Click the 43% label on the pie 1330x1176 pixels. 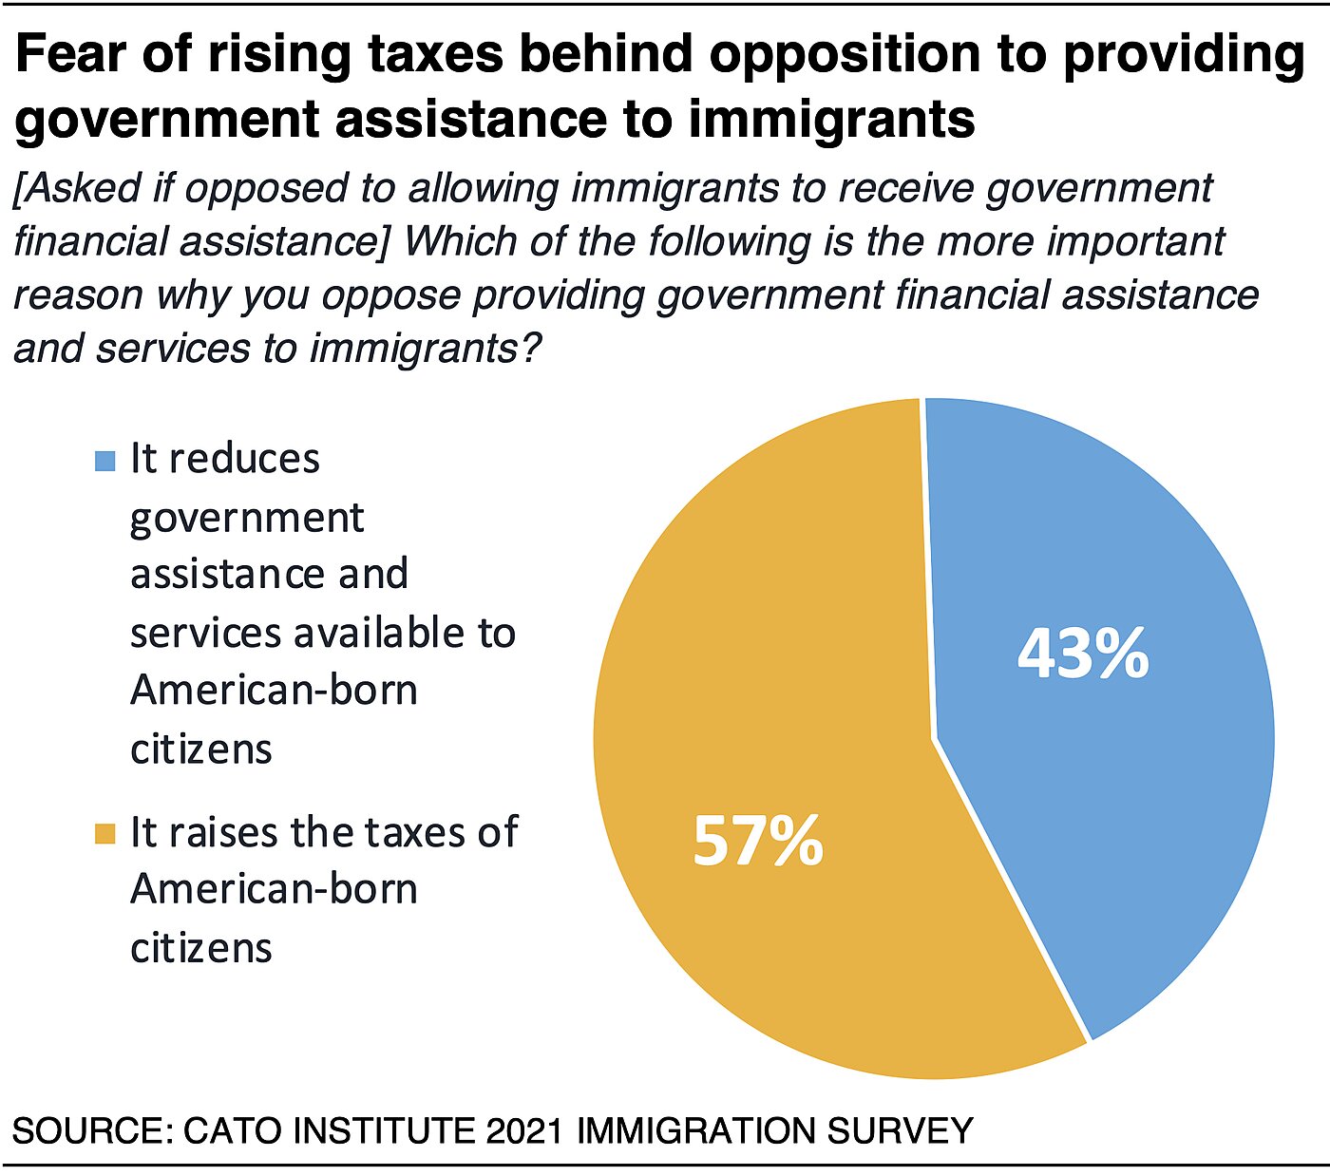pyautogui.click(x=1083, y=654)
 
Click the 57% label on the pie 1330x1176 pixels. pyautogui.click(x=757, y=841)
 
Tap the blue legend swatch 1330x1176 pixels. pyautogui.click(x=104, y=462)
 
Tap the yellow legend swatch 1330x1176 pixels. pyautogui.click(x=104, y=834)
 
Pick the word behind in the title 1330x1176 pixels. pyautogui.click(x=606, y=55)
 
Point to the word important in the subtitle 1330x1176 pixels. pyautogui.click(x=1136, y=241)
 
